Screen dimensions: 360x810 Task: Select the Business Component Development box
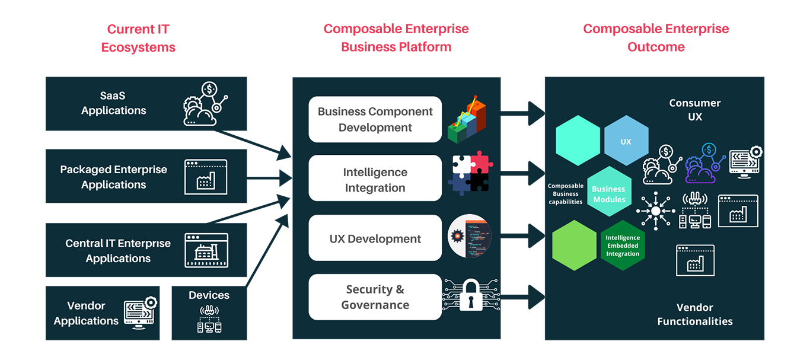click(375, 119)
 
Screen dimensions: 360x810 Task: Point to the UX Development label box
click(375, 238)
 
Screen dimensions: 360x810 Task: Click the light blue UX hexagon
click(626, 142)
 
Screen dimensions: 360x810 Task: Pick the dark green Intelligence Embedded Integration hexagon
click(623, 246)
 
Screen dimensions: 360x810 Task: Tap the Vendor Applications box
click(102, 313)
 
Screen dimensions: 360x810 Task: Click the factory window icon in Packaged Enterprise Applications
click(205, 177)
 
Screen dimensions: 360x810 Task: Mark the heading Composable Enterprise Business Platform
click(396, 37)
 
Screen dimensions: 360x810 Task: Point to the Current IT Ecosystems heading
click(138, 37)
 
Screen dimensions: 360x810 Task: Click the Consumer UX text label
click(694, 110)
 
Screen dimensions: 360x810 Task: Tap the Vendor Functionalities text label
click(694, 314)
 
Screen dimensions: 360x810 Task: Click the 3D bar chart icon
click(467, 119)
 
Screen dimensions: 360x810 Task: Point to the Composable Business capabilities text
click(565, 194)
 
